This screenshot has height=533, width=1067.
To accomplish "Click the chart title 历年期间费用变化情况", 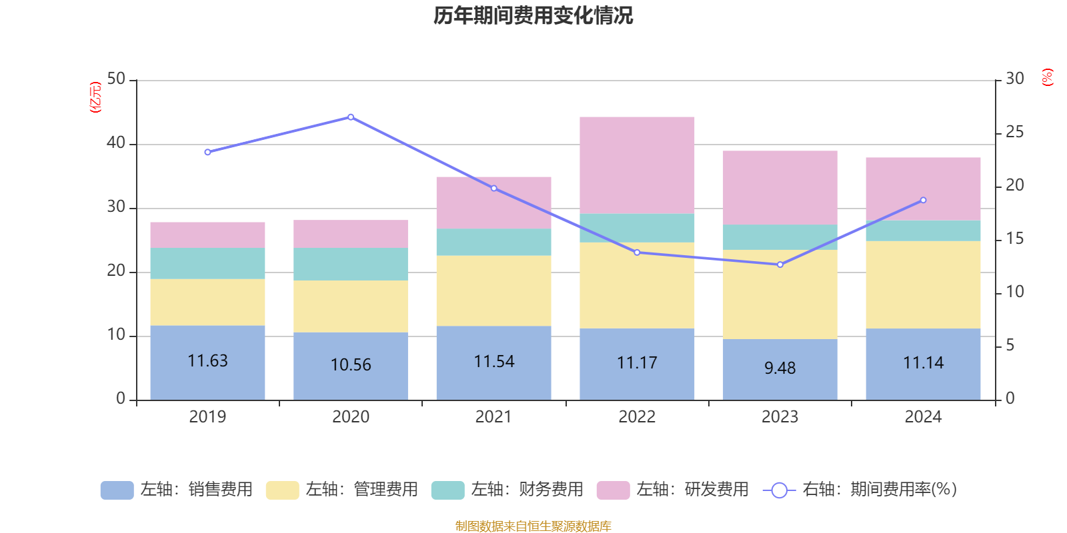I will [x=533, y=16].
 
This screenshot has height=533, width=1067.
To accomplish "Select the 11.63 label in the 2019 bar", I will [x=207, y=361].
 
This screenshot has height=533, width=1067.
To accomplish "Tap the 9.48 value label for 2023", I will [x=780, y=368].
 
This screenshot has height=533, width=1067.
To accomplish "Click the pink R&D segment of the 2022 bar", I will [x=637, y=165].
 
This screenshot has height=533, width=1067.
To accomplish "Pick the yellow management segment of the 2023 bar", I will [x=780, y=294].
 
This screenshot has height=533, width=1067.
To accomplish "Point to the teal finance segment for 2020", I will [x=351, y=264].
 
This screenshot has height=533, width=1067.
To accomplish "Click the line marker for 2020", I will [x=351, y=117].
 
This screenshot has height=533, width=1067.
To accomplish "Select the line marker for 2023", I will [x=780, y=265].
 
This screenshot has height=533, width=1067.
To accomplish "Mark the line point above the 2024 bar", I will [x=923, y=200].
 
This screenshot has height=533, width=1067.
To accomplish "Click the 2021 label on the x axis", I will [x=493, y=417].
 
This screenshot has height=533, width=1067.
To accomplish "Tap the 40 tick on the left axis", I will [x=116, y=143].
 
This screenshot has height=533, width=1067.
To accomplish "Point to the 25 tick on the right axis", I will [x=1014, y=133].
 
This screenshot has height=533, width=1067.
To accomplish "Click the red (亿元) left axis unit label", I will [x=95, y=97].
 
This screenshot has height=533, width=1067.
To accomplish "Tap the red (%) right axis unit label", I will [x=1047, y=77].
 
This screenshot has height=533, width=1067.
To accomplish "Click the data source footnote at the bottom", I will [x=533, y=526].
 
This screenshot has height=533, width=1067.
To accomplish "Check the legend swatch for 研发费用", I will [x=613, y=490].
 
